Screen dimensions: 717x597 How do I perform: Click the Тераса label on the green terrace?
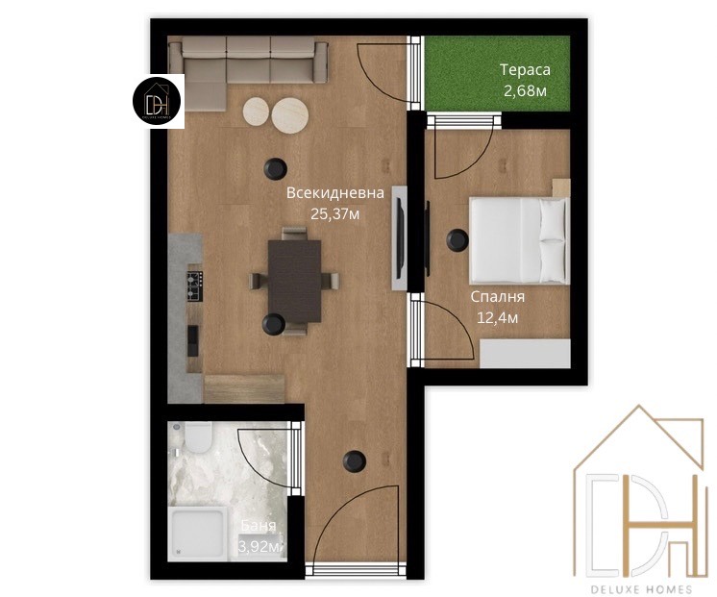point(525,70)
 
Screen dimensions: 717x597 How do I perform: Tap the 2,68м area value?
point(525,90)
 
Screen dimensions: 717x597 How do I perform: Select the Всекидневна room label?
point(335,193)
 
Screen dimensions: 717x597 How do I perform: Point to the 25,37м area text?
point(335,213)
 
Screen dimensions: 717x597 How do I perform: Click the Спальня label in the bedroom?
point(498,297)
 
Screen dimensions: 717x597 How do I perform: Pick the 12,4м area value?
point(498,317)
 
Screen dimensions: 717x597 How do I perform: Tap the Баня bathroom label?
point(259,526)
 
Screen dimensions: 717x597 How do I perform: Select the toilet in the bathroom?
point(198,436)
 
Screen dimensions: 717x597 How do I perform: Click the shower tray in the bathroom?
point(198,534)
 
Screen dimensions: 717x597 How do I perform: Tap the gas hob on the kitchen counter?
point(194,286)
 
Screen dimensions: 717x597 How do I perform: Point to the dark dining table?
point(294,281)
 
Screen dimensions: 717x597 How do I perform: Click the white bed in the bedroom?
point(520,240)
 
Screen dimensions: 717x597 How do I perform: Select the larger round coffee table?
point(290,115)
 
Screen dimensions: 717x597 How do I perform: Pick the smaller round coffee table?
point(256,111)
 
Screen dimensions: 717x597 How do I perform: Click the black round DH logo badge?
point(157,102)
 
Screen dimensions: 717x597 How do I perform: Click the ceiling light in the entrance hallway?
point(355,461)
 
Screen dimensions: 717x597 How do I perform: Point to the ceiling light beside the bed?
point(457,239)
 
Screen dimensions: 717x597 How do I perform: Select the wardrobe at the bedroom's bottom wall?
point(525,353)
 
